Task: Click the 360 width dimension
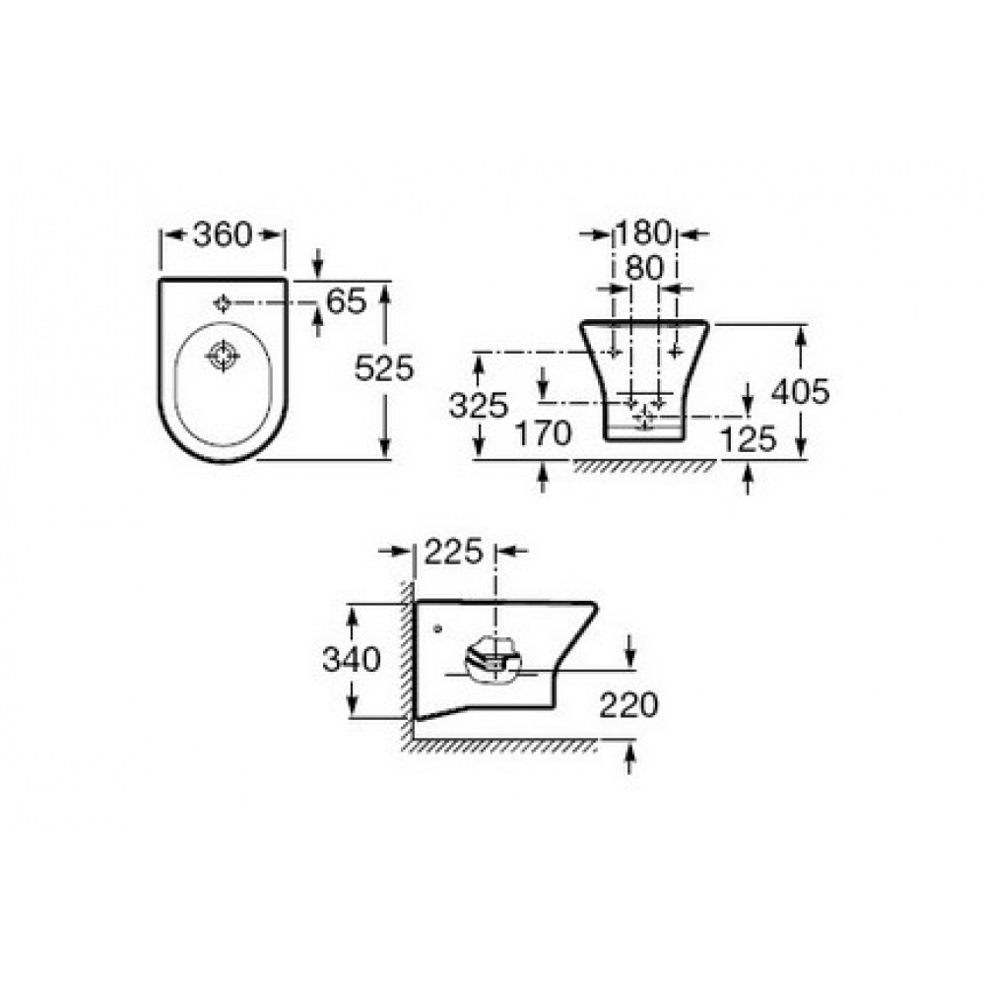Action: point(222,234)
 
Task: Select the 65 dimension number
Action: point(346,301)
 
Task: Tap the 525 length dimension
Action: point(384,368)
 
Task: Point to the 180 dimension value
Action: point(643,233)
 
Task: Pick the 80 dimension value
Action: point(644,268)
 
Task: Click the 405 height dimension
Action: point(800,391)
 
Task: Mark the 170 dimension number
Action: point(544,433)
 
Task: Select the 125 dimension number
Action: point(749,439)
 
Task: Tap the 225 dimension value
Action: point(453,552)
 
